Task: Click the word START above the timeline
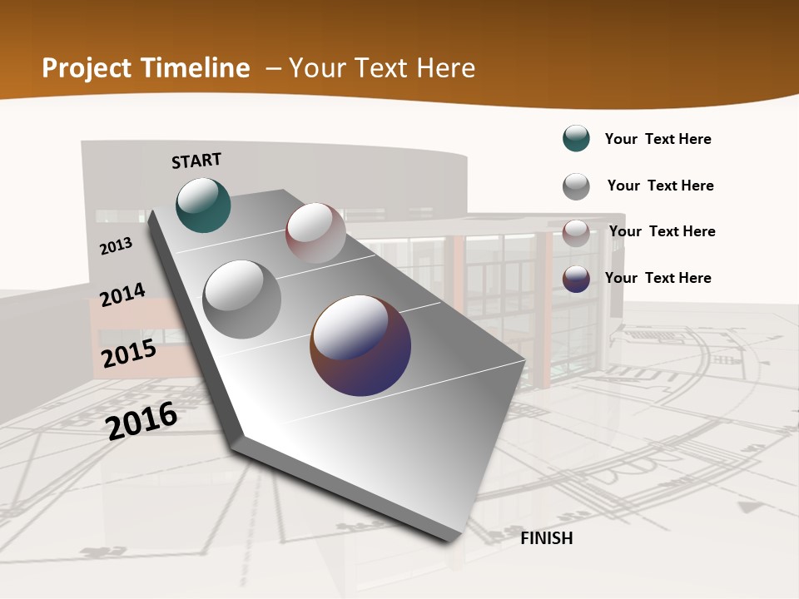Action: [196, 161]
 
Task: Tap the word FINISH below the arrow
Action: [547, 538]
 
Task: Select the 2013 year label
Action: [117, 246]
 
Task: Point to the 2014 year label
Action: [122, 295]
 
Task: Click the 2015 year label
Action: [129, 354]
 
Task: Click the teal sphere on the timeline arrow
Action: [203, 205]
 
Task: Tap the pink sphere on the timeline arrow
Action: [315, 233]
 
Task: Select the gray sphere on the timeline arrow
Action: [241, 299]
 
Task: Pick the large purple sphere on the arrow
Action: [360, 344]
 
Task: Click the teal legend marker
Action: [576, 138]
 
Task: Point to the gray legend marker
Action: [576, 186]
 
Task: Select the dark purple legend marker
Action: [576, 279]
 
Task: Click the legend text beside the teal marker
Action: [658, 140]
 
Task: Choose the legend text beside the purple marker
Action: [658, 278]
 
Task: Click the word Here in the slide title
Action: [444, 68]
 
